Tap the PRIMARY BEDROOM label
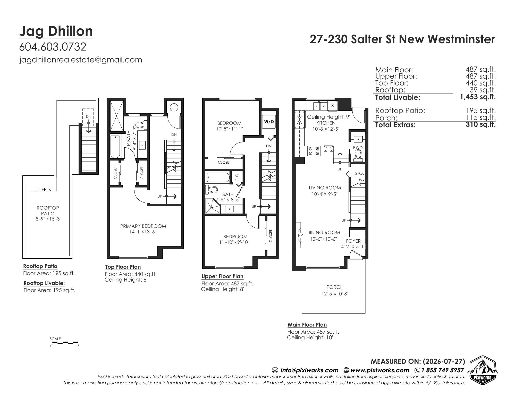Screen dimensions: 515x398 (x=143, y=226)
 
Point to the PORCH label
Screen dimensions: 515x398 (x=335, y=287)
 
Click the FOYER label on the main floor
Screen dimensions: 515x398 (x=353, y=241)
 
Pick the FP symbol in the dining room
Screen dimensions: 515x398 (x=300, y=235)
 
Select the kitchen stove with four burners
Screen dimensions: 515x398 (x=314, y=151)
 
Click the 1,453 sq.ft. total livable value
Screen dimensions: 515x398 (x=478, y=97)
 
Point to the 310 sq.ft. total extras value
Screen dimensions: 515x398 (x=481, y=124)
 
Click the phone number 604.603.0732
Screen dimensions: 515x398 (x=53, y=47)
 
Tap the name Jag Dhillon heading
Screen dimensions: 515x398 (x=56, y=31)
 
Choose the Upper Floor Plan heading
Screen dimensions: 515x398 (x=222, y=276)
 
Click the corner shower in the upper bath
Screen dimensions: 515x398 (x=213, y=206)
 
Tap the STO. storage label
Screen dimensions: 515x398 (x=359, y=173)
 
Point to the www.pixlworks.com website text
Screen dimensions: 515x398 (x=380, y=370)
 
